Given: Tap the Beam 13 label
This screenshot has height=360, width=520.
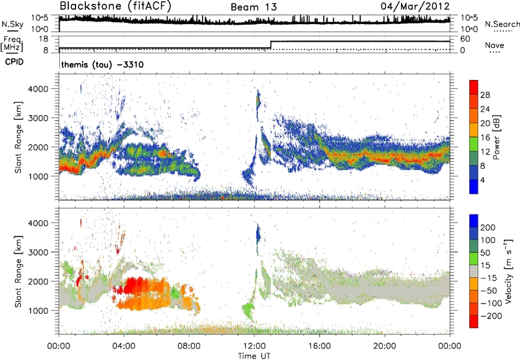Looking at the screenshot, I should click(253, 7).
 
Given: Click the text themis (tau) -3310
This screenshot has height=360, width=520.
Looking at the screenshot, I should click(97, 65).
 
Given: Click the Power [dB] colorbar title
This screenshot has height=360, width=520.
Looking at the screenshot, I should click(513, 136).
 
